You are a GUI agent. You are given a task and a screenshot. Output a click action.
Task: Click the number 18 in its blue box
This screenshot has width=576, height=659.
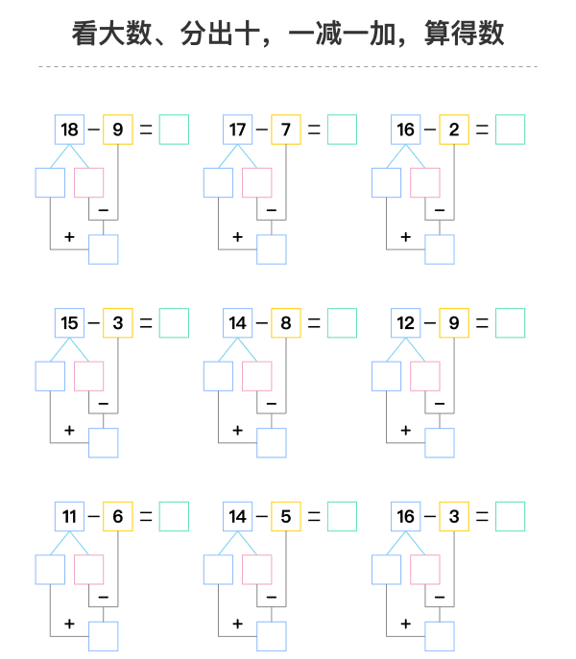(x=69, y=129)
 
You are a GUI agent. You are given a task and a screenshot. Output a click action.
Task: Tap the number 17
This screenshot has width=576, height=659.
(x=237, y=129)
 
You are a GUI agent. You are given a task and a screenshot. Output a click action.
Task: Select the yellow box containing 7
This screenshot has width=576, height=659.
(x=286, y=129)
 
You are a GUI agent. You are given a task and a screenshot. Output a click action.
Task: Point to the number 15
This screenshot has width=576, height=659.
(x=69, y=322)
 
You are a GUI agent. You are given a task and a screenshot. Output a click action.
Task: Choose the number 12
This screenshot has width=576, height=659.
(x=405, y=322)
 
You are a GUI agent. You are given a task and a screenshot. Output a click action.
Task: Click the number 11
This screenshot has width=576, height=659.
(x=69, y=516)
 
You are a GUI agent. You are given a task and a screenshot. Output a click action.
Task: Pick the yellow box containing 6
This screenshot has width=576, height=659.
(x=118, y=516)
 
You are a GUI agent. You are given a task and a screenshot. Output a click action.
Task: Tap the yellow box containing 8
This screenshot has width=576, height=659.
(x=286, y=322)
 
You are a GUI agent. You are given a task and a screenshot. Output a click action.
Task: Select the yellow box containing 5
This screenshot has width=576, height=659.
(x=286, y=516)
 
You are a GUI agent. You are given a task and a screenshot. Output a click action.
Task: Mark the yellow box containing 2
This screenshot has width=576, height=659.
(x=454, y=129)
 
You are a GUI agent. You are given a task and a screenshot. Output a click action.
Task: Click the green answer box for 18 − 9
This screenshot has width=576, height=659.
(x=174, y=129)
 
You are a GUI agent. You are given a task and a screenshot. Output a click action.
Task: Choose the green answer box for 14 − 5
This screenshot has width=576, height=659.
(x=342, y=516)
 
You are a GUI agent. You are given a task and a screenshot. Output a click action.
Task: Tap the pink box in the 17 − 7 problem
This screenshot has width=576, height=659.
(x=257, y=183)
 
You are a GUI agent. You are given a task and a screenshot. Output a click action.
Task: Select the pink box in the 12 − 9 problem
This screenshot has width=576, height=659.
(x=425, y=376)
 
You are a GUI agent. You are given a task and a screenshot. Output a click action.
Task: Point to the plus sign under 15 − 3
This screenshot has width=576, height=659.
(x=69, y=431)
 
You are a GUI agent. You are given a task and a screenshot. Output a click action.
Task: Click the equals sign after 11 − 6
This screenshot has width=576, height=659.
(x=146, y=516)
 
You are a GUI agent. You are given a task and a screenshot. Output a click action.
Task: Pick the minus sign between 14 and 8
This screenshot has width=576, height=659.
(x=262, y=322)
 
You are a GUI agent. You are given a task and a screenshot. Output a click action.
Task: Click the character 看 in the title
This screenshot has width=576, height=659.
(x=85, y=34)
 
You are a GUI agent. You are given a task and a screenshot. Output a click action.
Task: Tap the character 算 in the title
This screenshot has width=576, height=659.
(x=438, y=34)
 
